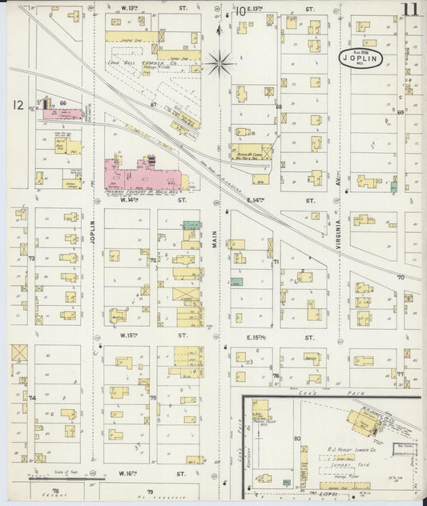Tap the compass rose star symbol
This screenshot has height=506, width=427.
coord(219,61)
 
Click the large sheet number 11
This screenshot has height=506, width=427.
coord(410,10)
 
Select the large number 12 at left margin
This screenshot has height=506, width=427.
coord(17,105)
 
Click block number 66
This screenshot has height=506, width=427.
coord(62,103)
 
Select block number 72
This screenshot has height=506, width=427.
coord(152,260)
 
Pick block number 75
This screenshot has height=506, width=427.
coord(152,398)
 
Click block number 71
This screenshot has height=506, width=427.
coord(275,262)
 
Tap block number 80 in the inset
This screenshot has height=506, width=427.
coord(296,439)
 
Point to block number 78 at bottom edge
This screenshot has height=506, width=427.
coord(55,490)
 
